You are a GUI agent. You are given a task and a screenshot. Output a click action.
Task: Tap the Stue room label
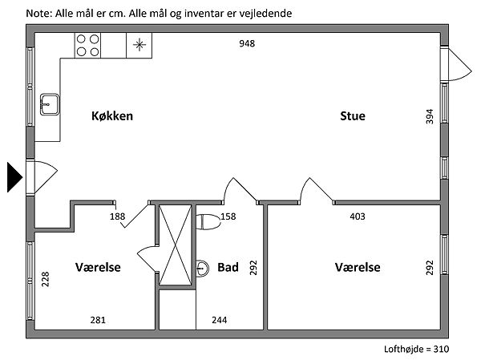click(x=352, y=116)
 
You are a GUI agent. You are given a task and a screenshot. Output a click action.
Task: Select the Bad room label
click(x=228, y=268)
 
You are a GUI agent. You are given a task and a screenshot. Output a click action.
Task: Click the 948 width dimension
click(x=247, y=44)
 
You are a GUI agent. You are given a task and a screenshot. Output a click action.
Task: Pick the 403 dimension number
click(x=358, y=216)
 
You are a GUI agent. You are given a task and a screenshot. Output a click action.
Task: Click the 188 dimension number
click(x=118, y=216)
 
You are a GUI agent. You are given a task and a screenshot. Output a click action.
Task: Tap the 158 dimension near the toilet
click(x=228, y=216)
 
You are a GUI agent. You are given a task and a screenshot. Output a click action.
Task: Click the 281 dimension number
click(x=98, y=320)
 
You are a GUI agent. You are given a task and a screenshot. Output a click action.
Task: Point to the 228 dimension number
click(x=46, y=278)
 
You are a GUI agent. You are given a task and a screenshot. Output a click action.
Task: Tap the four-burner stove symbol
click(x=87, y=45)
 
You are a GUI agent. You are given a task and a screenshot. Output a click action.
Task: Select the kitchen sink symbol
click(x=48, y=103)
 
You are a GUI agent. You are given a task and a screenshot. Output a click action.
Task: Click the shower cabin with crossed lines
click(x=176, y=245)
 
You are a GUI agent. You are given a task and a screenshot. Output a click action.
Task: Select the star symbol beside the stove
click(x=139, y=45)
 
